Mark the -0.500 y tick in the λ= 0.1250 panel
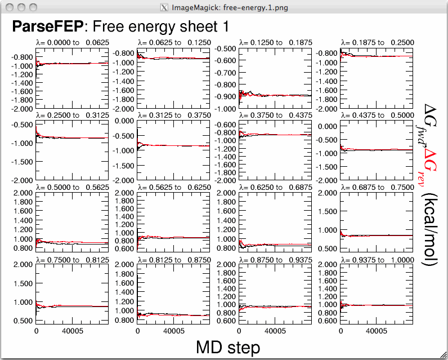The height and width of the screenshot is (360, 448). coord(227,48)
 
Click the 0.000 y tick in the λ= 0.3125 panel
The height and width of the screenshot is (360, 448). coord(126,121)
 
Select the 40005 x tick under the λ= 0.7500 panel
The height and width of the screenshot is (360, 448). coord(73,332)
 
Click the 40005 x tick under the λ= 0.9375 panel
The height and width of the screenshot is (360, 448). coord(378,332)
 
